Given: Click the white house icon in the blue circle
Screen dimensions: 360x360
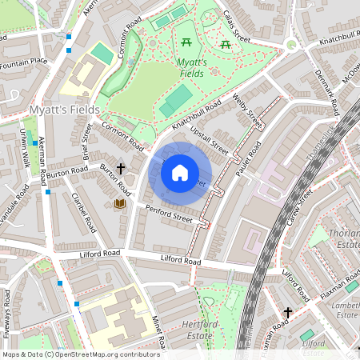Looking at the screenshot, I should point(180,173).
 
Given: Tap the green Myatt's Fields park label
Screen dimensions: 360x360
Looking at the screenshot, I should point(191,68).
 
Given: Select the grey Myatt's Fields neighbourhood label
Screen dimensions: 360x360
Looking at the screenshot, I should point(64,110).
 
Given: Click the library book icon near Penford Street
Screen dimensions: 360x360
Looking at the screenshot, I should point(122,204).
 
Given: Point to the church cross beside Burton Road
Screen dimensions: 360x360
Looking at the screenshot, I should point(122,169).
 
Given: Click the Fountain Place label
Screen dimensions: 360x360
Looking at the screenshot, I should point(25,60).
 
